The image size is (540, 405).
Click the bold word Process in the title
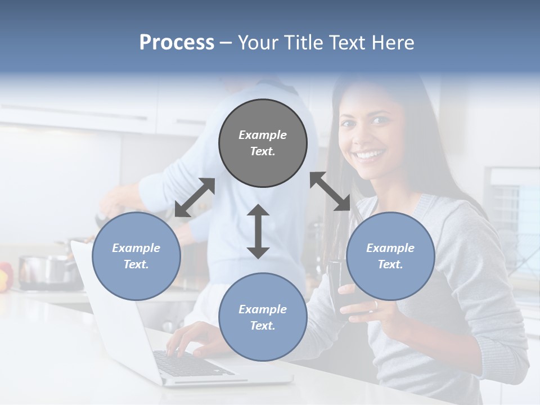click(x=177, y=43)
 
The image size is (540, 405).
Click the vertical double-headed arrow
click(x=258, y=231)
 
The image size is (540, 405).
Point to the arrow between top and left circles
click(x=195, y=197)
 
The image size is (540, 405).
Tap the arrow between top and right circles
click(x=330, y=191)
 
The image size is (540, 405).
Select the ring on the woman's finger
click(x=376, y=305)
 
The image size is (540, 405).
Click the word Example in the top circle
click(x=263, y=135)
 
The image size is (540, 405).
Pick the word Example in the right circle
click(x=390, y=248)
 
